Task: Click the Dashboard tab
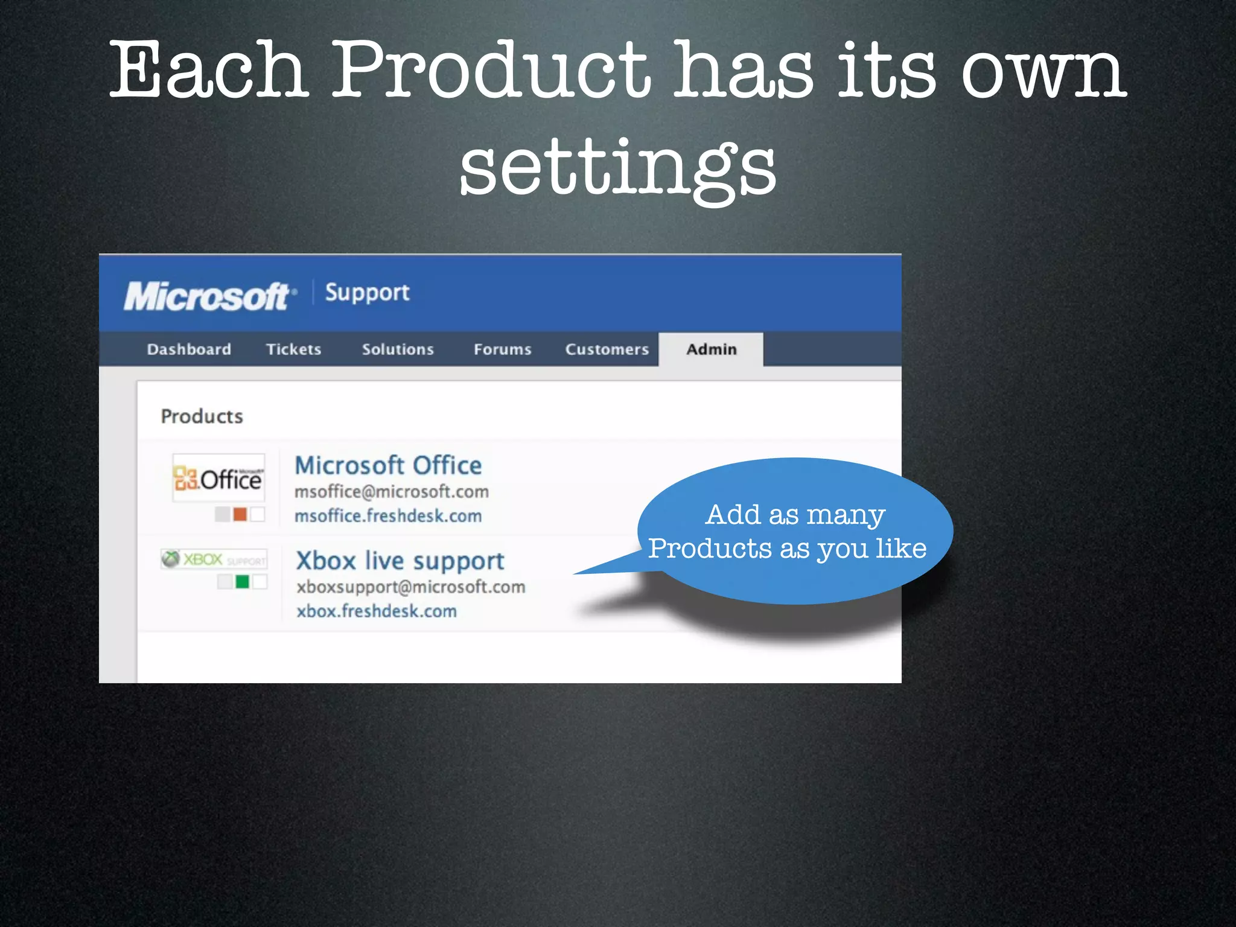(x=189, y=349)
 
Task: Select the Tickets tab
(x=293, y=349)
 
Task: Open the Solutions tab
(x=398, y=349)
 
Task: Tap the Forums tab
(x=502, y=349)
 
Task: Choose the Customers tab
(x=607, y=349)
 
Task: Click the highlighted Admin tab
(x=711, y=349)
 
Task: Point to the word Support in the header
(x=367, y=293)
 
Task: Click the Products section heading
(x=202, y=416)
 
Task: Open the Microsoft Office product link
(x=388, y=465)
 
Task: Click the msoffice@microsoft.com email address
(x=391, y=492)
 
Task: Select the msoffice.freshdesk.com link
(x=388, y=516)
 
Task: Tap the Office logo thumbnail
(x=218, y=478)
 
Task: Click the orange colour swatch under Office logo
(x=240, y=514)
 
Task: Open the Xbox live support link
(x=400, y=561)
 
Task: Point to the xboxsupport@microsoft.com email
(x=410, y=587)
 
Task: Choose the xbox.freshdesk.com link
(x=377, y=611)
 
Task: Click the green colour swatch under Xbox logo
(x=242, y=582)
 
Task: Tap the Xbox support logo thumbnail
(x=214, y=559)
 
